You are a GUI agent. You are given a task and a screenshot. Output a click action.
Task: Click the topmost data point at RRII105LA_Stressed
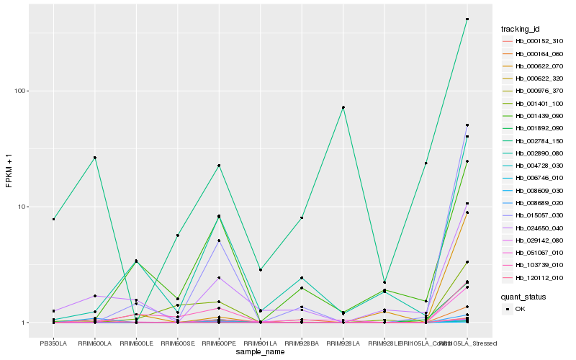click(467, 19)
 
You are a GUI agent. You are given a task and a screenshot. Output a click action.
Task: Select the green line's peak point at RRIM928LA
click(343, 107)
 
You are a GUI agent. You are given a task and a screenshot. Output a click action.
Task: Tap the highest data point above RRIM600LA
click(94, 158)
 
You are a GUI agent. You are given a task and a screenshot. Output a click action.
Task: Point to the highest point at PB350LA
click(53, 219)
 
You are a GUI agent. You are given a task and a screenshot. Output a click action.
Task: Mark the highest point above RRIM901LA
click(260, 269)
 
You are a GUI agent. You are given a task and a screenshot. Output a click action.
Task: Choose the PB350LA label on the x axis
click(53, 343)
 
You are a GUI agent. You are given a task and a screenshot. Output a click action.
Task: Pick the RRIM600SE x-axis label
click(177, 343)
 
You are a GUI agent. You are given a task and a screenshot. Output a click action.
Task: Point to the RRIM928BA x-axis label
click(302, 343)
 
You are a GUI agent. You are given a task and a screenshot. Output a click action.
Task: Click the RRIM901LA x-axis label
click(260, 343)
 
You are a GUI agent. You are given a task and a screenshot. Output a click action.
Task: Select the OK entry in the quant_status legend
click(521, 309)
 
